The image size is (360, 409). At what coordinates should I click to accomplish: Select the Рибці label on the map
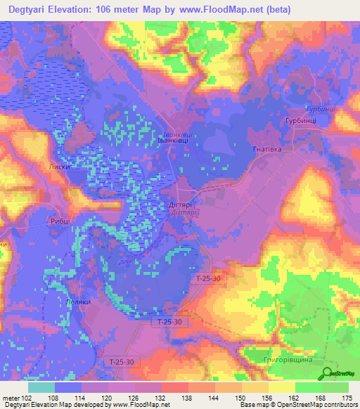pyautogui.click(x=60, y=220)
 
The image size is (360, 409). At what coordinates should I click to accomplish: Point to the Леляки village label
pyautogui.click(x=78, y=301)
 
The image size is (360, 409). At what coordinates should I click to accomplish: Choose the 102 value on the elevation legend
pyautogui.click(x=27, y=397)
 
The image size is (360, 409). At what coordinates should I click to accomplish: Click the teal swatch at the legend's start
pyautogui.click(x=41, y=387)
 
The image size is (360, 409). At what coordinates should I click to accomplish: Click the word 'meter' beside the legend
pyautogui.click(x=10, y=397)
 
